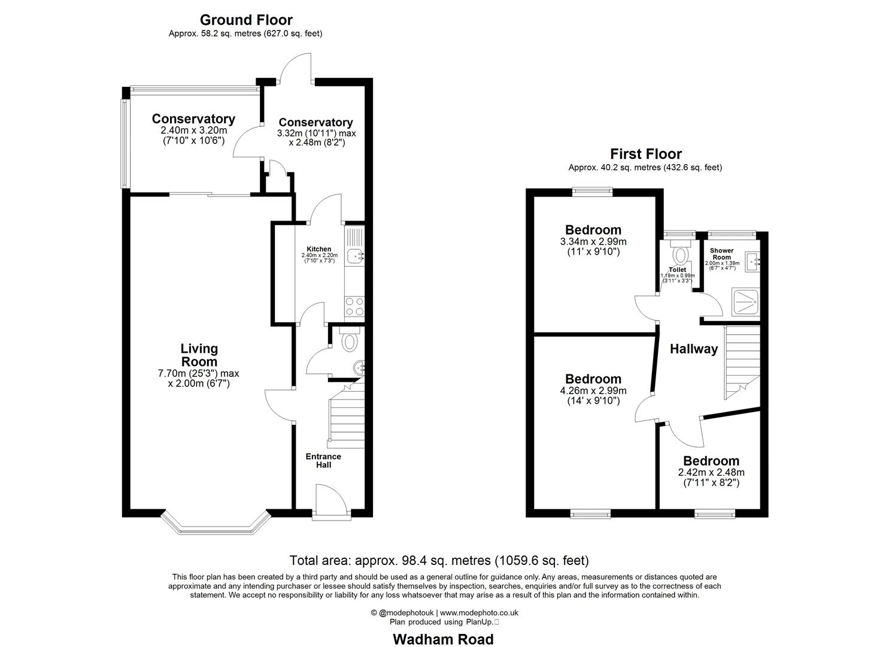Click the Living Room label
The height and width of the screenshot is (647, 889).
tap(199, 355)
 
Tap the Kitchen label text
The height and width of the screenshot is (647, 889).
tap(318, 249)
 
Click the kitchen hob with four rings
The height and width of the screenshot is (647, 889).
tap(353, 307)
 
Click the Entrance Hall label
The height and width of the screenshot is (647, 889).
tap(323, 460)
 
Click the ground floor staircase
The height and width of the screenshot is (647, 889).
tap(346, 416)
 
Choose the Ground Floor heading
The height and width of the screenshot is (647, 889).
tap(246, 20)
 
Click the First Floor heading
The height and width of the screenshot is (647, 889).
tap(645, 154)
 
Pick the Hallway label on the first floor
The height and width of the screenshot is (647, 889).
tap(693, 349)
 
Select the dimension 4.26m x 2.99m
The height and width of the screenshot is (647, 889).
tap(593, 391)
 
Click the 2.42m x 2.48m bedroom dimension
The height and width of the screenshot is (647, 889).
tap(711, 472)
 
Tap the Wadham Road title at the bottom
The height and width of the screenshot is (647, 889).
tap(443, 639)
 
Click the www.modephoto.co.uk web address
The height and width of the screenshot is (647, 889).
tap(479, 613)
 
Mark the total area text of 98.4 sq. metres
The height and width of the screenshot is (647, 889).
tap(439, 561)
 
